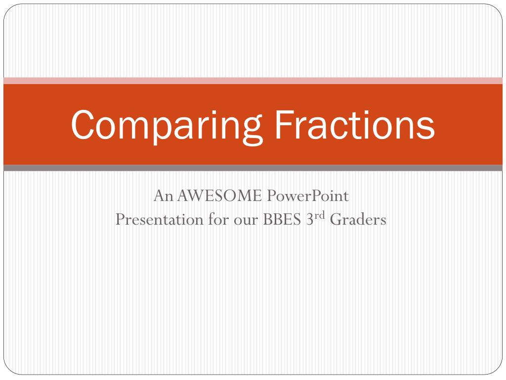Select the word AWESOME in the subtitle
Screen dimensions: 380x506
coord(220,196)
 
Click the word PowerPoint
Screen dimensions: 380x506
coord(308,196)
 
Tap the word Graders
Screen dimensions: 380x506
coord(358,219)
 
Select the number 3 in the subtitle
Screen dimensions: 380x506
coord(311,219)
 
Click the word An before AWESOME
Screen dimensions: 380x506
coord(164,196)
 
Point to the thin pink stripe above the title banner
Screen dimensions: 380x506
coord(253,81)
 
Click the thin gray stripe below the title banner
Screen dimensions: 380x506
coord(253,168)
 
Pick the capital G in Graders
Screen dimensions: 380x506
coord(336,219)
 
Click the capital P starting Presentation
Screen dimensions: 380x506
coord(120,219)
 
